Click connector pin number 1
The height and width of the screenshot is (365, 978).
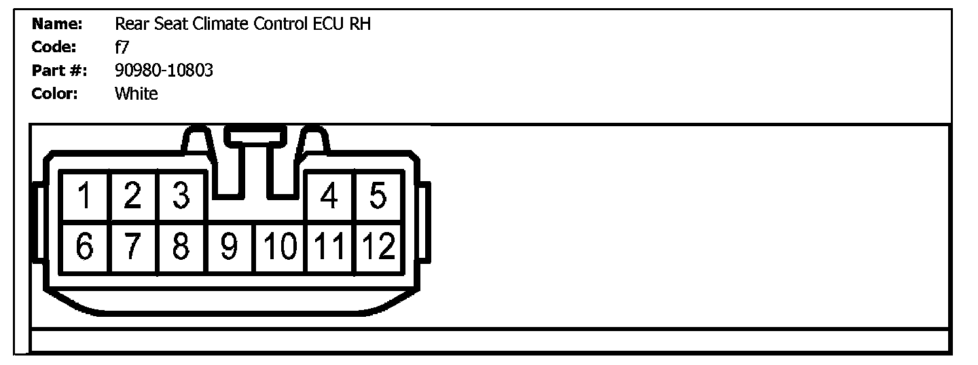point(84,197)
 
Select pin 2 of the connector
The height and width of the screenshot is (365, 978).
point(133,197)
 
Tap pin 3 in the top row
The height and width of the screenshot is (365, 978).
point(181,197)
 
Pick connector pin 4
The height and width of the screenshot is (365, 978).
point(330,197)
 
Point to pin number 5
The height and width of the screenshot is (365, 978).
point(378,197)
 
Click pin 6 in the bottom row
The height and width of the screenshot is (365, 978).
point(84,247)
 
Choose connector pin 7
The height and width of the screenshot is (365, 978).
point(133,247)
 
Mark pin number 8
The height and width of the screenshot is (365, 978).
point(181,247)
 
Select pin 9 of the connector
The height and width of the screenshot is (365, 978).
point(230,247)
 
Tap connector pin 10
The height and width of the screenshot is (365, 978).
point(280,247)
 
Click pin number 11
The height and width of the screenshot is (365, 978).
point(330,247)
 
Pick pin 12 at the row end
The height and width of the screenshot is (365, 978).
point(378,247)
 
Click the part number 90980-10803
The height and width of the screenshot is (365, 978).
point(164,70)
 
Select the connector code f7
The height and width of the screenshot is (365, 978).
point(122,47)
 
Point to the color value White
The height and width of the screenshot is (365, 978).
point(136,94)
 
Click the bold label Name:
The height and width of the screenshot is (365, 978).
point(57,24)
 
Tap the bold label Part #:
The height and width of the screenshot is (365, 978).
point(59,71)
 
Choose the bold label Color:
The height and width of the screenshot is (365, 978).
point(55,94)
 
